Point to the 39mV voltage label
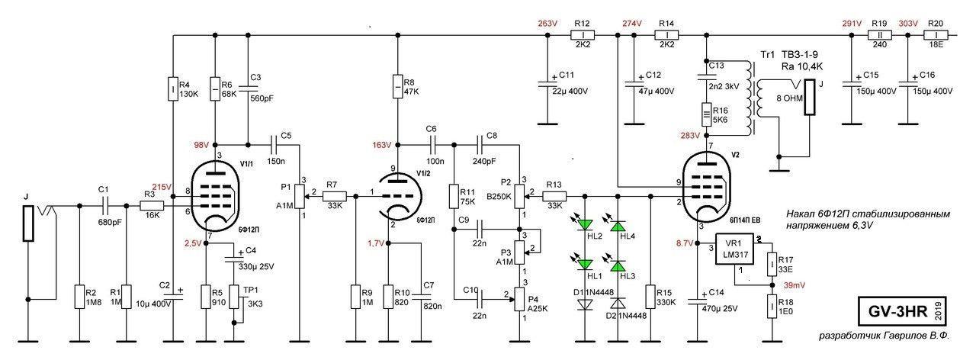[x=793, y=284]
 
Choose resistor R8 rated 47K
[x=397, y=85]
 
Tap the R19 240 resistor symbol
[x=881, y=35]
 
